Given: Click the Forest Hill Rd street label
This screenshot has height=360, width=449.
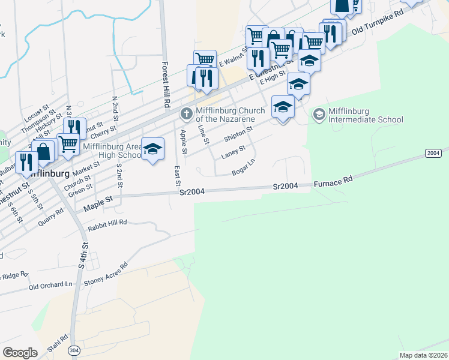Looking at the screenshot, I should click(166, 84).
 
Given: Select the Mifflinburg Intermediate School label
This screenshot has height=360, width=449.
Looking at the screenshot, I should click(366, 115).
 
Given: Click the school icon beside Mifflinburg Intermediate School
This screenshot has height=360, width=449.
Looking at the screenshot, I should click(319, 113).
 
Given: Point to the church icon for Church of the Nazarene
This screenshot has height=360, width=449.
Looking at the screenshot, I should click(187, 113).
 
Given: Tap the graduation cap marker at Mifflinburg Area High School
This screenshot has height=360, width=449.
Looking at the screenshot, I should click(152, 149).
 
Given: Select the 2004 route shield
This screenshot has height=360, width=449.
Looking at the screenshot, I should click(433, 154).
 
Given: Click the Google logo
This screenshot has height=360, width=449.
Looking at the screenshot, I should click(20, 352).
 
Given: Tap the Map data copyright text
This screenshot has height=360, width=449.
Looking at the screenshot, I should click(423, 355).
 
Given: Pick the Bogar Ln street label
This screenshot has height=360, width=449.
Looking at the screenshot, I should click(244, 167).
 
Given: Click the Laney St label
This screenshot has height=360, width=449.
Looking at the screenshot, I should click(233, 152).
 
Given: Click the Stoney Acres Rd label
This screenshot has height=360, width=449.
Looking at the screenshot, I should click(106, 273).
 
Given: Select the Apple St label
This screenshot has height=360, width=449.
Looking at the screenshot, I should click(184, 139).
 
